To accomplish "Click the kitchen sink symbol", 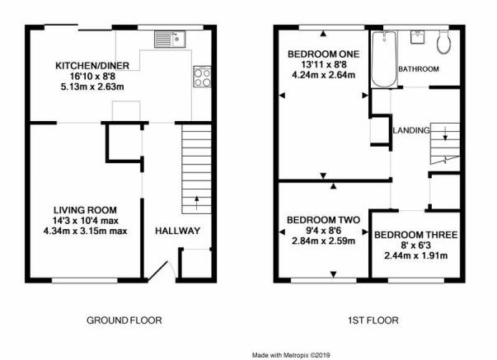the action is [170, 40].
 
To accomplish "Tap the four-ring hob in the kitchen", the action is [202, 77].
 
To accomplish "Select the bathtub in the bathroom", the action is [384, 59].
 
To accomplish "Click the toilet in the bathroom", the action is [443, 42].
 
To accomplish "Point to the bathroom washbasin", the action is [417, 37].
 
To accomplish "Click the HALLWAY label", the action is [177, 231].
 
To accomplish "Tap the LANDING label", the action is [411, 130].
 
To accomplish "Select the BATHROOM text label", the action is [419, 69].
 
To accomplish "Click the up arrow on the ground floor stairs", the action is [196, 203].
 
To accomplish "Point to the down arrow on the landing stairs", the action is [445, 133].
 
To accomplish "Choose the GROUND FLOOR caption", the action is [124, 320].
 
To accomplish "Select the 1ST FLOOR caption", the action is [373, 320].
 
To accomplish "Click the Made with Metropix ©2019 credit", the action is [291, 355].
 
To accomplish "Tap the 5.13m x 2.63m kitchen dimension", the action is [92, 86].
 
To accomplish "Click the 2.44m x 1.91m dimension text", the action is [416, 255].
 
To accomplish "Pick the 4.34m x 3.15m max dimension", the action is [85, 231].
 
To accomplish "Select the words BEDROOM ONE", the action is [324, 54].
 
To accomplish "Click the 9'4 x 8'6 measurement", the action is [323, 231].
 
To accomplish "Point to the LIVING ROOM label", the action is [85, 210].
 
